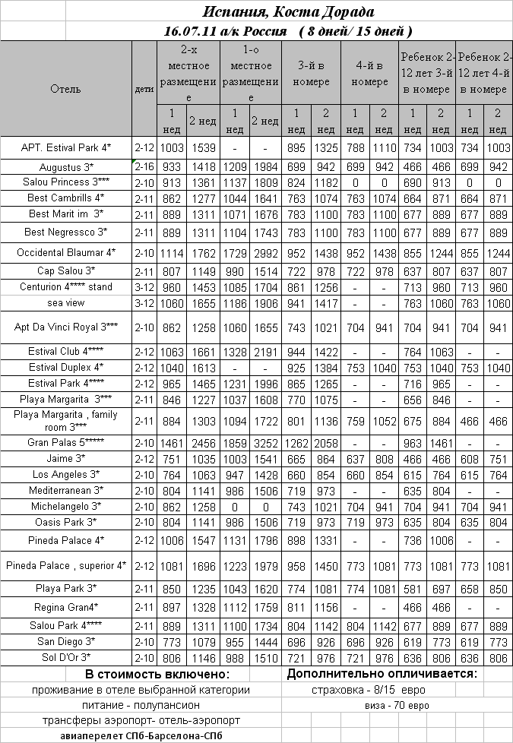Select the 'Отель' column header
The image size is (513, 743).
point(65,89)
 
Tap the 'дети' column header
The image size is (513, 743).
point(144,89)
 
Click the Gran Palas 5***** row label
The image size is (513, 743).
point(65,442)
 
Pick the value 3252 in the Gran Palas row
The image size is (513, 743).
point(264,442)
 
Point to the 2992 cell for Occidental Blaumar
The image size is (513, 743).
point(264,251)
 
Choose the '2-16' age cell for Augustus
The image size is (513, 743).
point(144,166)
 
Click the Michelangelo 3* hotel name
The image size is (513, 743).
point(65,506)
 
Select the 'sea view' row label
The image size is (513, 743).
point(65,303)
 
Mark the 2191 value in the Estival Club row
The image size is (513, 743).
point(264,352)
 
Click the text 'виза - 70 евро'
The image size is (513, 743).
point(393,705)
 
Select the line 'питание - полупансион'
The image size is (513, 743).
point(141,705)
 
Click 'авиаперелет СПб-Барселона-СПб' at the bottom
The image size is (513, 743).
point(141,735)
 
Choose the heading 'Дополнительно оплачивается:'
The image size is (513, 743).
point(382,674)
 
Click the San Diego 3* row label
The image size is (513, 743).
point(65,642)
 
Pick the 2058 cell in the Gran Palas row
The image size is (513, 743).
point(326,442)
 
